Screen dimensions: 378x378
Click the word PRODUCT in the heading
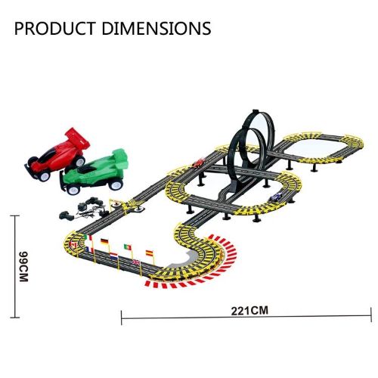[55, 29]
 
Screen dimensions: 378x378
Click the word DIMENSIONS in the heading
[156, 29]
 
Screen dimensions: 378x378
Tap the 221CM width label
[249, 311]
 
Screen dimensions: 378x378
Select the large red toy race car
[57, 154]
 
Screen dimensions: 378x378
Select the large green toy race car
[94, 172]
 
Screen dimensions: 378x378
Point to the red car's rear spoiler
[78, 138]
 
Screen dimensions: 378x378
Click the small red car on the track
[198, 163]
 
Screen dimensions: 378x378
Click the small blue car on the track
[276, 197]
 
